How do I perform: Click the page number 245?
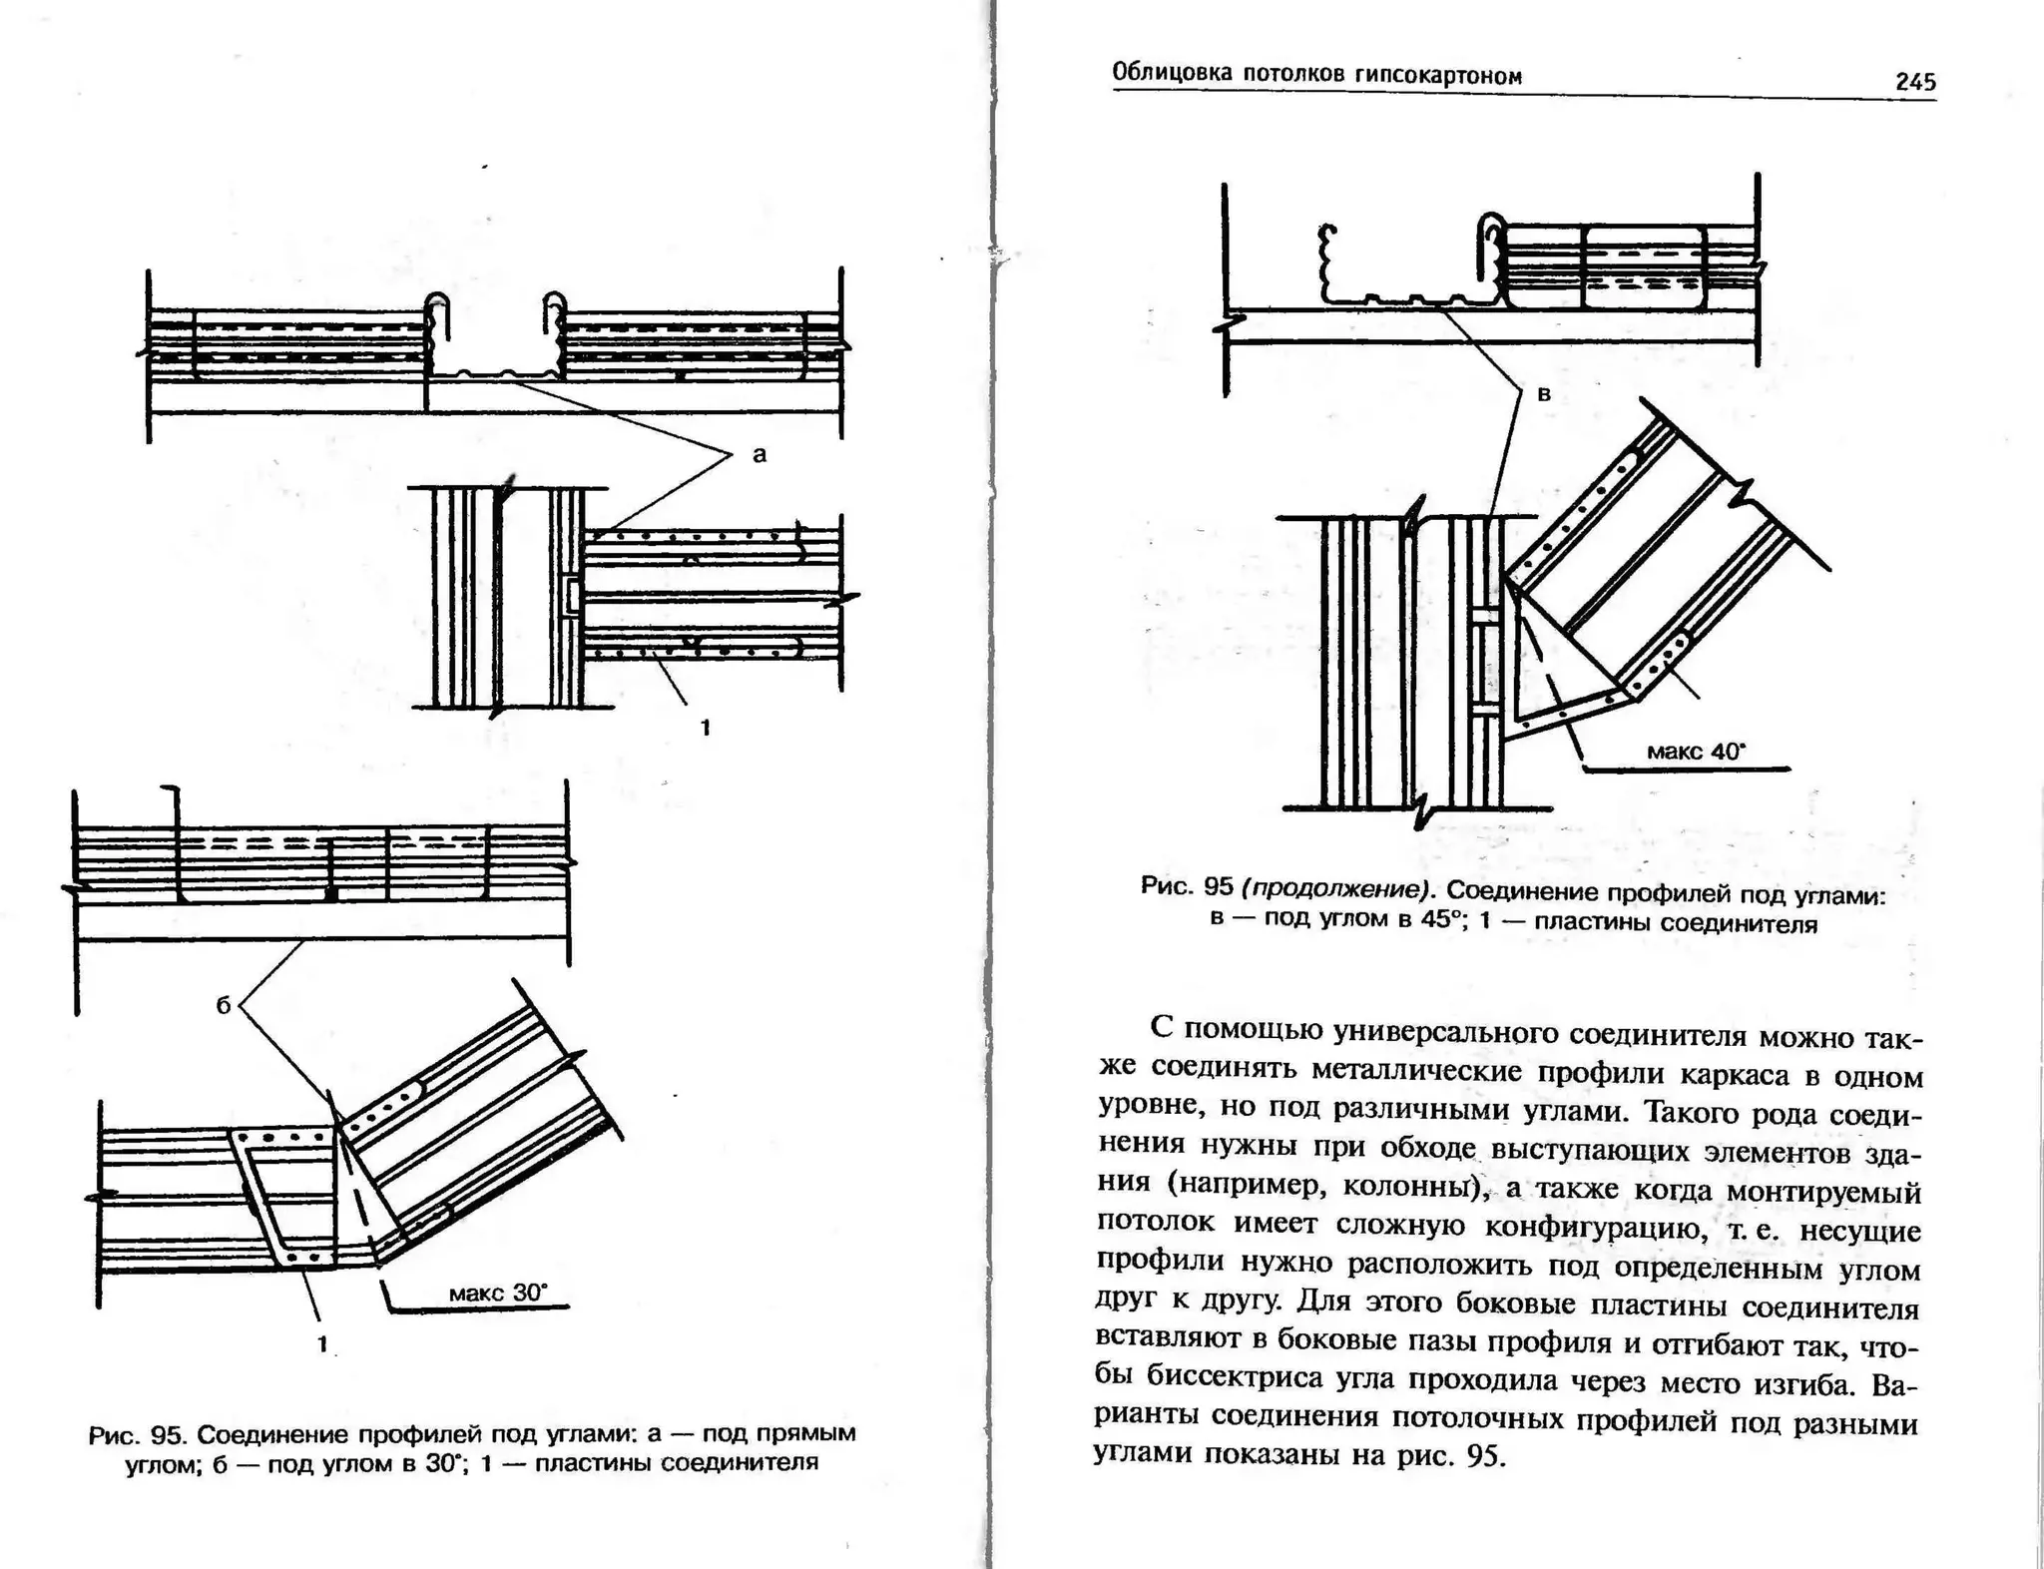(1915, 82)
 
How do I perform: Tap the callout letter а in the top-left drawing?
(760, 455)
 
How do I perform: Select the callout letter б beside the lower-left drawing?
(224, 1006)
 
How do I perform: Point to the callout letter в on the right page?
(1544, 394)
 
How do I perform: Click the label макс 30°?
(498, 1294)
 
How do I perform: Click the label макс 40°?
(1696, 752)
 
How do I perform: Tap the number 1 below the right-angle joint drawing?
(706, 728)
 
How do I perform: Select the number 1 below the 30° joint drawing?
(321, 1344)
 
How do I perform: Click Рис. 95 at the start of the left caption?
(138, 1436)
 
